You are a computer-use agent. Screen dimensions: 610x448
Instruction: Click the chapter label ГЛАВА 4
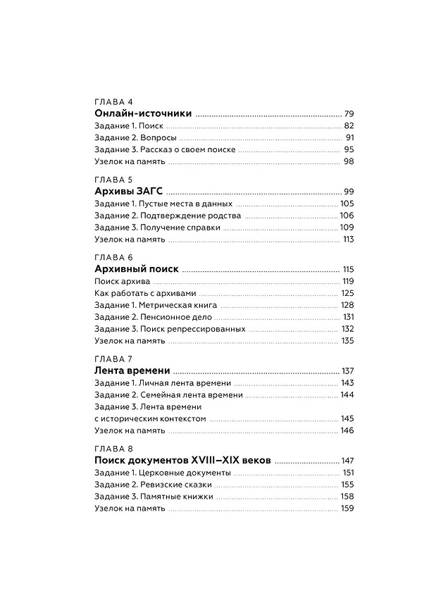click(x=113, y=101)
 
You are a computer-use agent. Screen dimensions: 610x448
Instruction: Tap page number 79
click(x=347, y=114)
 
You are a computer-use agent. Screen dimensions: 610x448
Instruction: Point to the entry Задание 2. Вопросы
click(x=135, y=137)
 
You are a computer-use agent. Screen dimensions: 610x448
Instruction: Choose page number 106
click(x=346, y=216)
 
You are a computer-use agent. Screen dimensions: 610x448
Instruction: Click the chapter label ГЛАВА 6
click(x=113, y=257)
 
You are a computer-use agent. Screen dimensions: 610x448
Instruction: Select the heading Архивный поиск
click(x=136, y=269)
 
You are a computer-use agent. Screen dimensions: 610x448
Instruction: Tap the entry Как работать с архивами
click(x=145, y=293)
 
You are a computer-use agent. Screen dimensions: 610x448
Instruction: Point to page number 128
click(x=347, y=305)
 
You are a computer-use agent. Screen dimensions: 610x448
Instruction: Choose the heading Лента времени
click(x=132, y=371)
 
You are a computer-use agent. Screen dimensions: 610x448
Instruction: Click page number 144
click(x=347, y=395)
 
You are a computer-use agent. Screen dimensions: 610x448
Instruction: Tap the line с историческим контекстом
click(x=149, y=418)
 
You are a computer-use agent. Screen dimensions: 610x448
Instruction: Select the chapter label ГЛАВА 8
click(x=113, y=449)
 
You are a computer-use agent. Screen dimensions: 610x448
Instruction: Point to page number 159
click(x=347, y=509)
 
